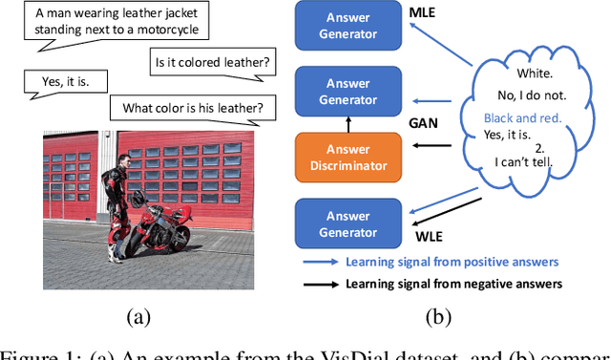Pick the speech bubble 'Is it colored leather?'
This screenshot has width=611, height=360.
pos(212,64)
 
